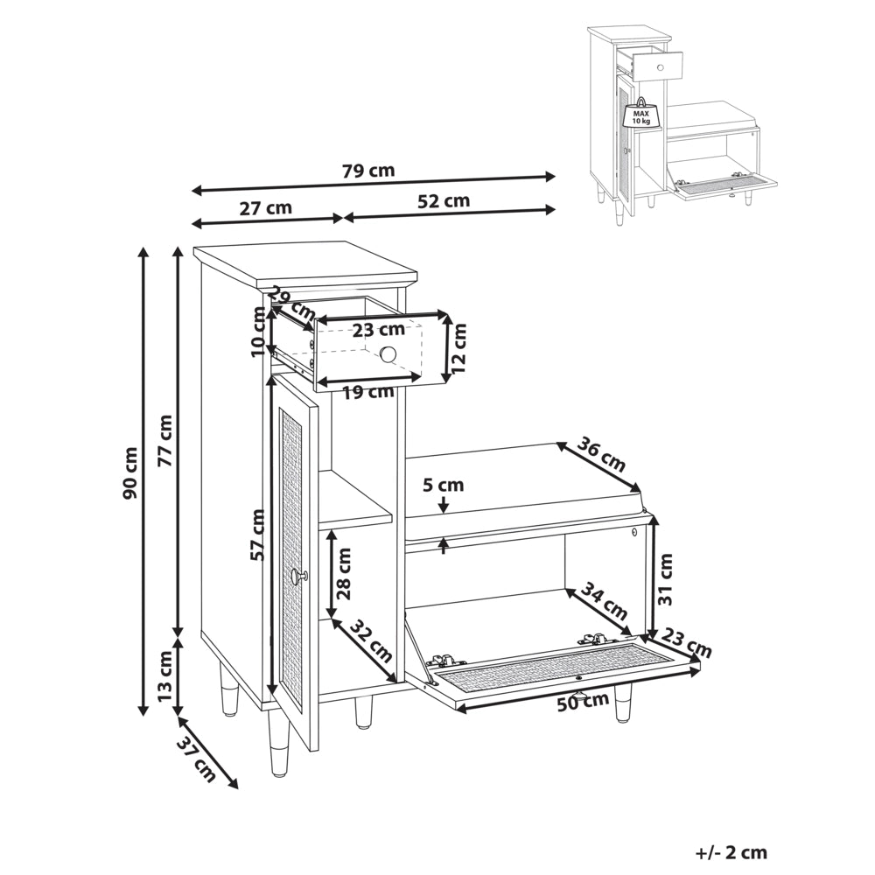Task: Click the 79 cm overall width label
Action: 368,171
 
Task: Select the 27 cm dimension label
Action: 266,208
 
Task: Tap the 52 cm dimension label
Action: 444,200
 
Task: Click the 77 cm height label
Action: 164,441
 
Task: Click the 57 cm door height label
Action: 257,535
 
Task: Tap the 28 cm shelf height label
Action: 344,573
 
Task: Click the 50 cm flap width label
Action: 583,701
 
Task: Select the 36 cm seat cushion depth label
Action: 601,454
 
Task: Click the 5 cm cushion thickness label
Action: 443,485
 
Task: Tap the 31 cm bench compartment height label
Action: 665,578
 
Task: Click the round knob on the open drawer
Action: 388,353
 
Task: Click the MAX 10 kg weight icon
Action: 641,114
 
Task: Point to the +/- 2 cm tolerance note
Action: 731,852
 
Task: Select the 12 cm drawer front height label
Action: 458,348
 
